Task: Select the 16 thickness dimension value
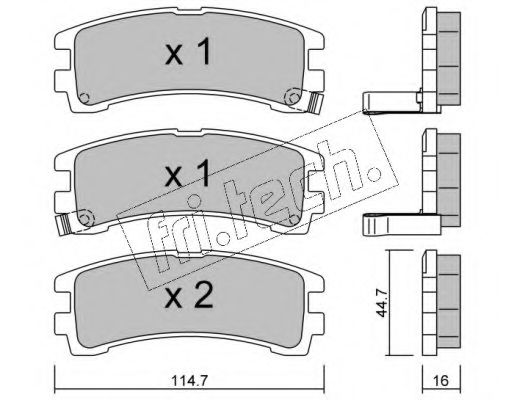pos(441,381)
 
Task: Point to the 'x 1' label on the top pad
pos(188,52)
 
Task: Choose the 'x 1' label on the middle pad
pos(188,173)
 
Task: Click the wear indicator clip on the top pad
pos(315,103)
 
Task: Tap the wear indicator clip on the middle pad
pos(65,224)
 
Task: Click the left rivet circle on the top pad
pos(84,98)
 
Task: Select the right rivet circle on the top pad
pos(294,98)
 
